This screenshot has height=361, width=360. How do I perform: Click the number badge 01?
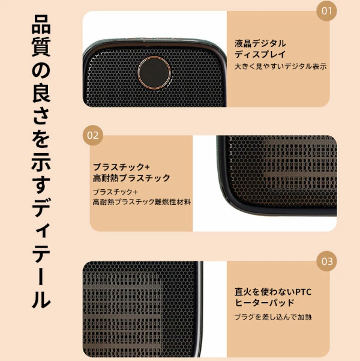tap(326, 11)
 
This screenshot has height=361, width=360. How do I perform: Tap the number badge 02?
tap(93, 135)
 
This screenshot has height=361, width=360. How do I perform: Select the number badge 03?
tap(326, 261)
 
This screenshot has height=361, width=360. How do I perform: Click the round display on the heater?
tap(154, 73)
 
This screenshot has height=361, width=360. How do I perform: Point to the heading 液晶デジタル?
tap(260, 43)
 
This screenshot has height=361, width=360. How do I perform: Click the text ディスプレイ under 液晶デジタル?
tap(260, 54)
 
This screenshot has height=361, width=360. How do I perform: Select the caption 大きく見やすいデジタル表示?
tap(280, 66)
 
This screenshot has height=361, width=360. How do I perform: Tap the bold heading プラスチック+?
tap(121, 167)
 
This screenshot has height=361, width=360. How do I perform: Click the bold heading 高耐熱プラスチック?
tap(131, 178)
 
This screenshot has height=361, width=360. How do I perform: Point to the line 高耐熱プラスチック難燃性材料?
tap(142, 202)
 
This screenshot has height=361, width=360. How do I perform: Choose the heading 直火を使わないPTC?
tap(273, 292)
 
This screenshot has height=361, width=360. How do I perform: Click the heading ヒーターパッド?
tap(265, 303)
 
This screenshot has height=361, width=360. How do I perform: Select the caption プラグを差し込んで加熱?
tap(273, 317)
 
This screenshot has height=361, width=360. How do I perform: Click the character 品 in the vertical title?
tap(41, 23)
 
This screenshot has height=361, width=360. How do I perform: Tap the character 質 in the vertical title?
tap(41, 47)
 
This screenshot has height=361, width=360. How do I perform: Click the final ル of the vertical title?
tap(41, 298)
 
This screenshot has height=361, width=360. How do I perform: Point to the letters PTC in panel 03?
tap(304, 292)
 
